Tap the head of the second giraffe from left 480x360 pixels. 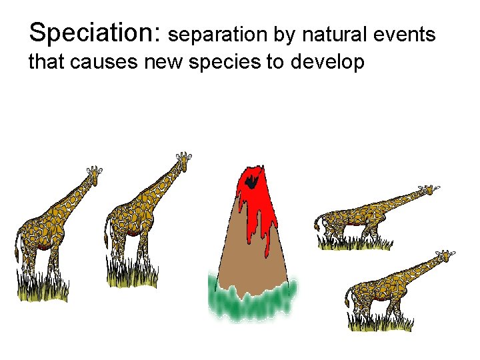click(x=183, y=160)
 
